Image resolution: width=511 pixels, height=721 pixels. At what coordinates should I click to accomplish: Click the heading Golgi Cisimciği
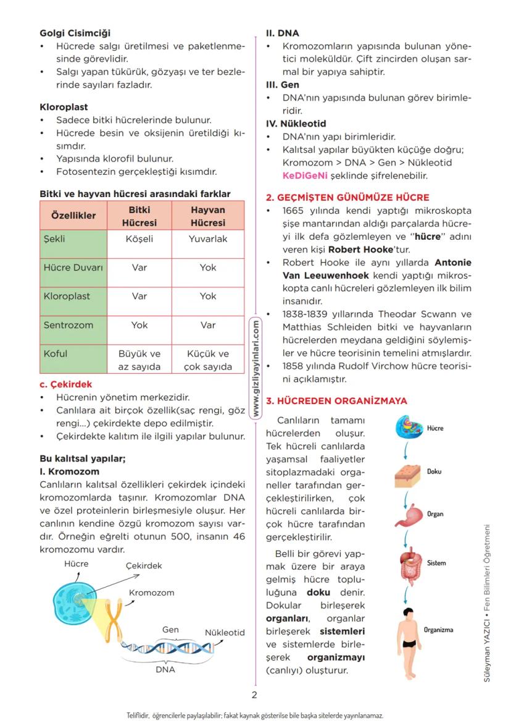[75, 33]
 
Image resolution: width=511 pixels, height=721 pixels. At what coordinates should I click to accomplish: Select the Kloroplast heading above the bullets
[64, 107]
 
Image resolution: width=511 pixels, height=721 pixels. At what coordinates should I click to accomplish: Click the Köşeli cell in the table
[139, 238]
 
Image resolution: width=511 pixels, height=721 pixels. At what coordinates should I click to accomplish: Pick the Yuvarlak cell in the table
[208, 238]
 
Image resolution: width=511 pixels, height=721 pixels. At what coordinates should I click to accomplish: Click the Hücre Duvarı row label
[73, 268]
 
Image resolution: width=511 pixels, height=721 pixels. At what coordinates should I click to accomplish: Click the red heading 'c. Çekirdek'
[65, 384]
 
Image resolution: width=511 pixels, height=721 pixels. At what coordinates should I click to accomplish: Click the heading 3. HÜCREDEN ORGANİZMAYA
[336, 401]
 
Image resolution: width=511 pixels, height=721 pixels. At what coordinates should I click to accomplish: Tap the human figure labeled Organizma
[406, 636]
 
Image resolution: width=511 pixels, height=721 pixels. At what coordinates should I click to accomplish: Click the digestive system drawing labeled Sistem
[408, 565]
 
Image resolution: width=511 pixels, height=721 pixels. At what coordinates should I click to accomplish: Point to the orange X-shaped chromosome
[112, 617]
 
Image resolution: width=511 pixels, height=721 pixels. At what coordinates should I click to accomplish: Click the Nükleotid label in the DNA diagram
[225, 633]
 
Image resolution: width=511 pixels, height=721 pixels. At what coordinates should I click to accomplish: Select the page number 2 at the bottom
[254, 694]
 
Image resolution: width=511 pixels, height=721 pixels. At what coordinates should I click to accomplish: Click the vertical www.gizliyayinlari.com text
[255, 367]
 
